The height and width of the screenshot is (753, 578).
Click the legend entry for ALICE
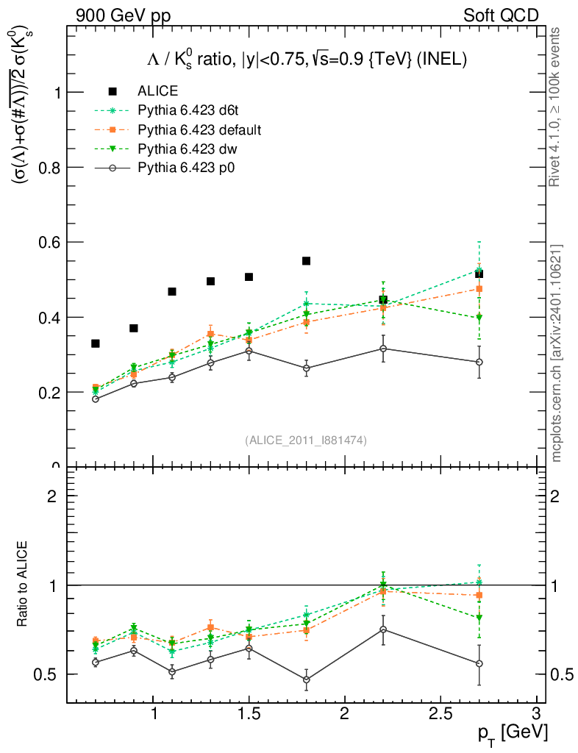157,91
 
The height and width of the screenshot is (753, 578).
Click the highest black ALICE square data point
307,261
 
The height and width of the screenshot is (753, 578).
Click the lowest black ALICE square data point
96,343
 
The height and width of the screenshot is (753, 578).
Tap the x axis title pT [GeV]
507,733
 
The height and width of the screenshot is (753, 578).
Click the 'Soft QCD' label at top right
501,15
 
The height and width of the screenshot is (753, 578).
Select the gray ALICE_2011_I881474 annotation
306,440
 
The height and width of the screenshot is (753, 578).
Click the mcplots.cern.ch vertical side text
557,353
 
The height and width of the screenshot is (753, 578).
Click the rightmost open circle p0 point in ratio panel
479,663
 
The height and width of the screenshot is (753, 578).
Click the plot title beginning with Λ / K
306,60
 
